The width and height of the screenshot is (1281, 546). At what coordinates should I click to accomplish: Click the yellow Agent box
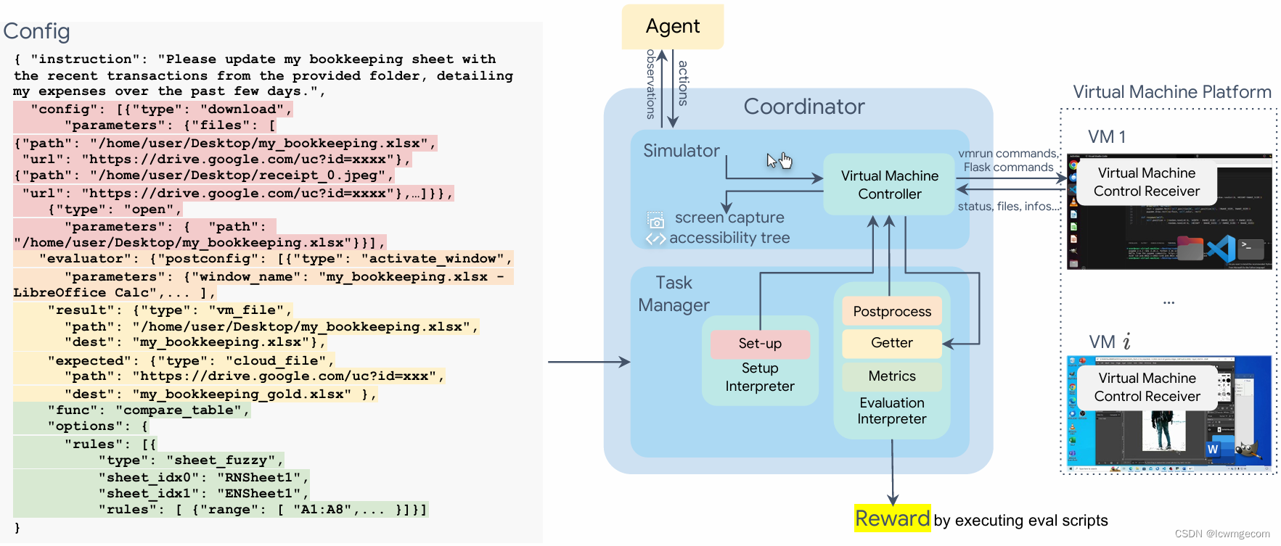point(672,27)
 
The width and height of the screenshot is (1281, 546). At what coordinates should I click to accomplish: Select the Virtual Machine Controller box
point(889,185)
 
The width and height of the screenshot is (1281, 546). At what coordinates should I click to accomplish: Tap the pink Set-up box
point(760,344)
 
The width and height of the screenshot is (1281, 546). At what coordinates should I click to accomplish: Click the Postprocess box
point(892,311)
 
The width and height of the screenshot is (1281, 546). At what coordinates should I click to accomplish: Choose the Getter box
point(892,343)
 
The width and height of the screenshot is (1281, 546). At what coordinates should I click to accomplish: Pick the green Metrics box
point(892,376)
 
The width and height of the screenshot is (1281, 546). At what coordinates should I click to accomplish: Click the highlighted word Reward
point(892,518)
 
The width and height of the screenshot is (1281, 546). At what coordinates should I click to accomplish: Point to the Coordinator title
point(804,107)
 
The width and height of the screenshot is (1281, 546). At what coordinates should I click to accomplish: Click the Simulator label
point(681,151)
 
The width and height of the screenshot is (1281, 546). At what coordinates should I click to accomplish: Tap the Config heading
point(37,31)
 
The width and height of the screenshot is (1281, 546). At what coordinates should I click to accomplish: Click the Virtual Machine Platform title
point(1172,92)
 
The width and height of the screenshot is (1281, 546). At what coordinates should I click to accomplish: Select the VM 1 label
point(1107,137)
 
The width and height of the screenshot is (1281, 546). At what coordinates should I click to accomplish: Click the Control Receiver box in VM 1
point(1147,182)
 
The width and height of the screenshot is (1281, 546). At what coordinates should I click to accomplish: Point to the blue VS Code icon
point(1221,249)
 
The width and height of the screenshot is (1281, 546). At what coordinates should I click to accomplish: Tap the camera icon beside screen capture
point(656,221)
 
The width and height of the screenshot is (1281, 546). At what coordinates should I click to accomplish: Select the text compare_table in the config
point(182,410)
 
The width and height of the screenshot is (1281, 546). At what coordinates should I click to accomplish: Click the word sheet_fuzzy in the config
point(224,460)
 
